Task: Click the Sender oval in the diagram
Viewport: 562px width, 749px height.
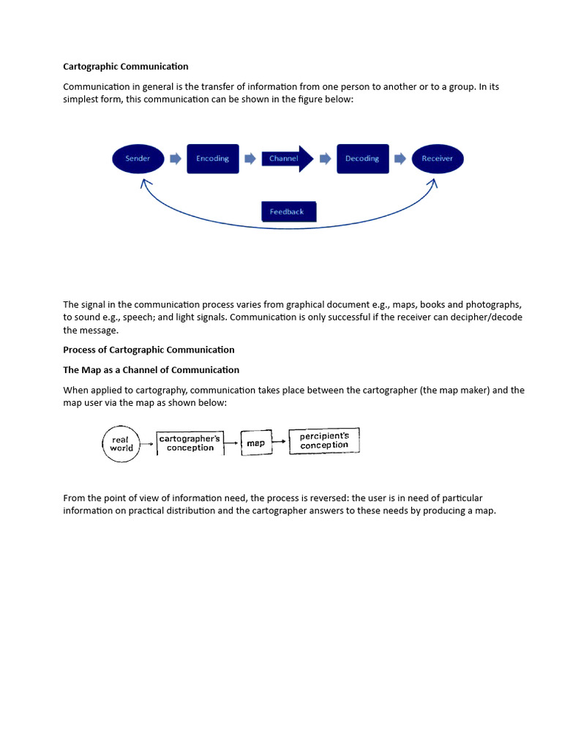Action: pos(138,159)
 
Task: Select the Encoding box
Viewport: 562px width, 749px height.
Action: pos(212,159)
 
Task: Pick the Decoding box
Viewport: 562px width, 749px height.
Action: pos(362,159)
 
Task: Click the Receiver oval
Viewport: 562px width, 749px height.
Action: pos(438,159)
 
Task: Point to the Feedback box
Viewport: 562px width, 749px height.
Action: pos(288,211)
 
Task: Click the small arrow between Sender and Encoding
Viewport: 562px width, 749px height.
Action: pos(175,159)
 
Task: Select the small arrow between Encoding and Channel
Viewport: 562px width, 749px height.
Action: pos(250,159)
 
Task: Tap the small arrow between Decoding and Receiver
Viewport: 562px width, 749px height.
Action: pos(400,159)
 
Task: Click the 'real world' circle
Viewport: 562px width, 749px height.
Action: pos(121,444)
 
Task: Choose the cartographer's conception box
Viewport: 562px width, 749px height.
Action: pos(189,443)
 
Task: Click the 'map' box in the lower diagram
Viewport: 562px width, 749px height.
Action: pos(255,443)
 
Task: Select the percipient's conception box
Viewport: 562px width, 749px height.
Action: pos(324,440)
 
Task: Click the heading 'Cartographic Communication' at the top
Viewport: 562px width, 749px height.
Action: pos(126,67)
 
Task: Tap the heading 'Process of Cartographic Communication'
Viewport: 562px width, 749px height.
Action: pos(149,350)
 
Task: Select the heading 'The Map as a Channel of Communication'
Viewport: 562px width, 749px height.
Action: pos(151,370)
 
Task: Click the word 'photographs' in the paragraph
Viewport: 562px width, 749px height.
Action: pos(495,304)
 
